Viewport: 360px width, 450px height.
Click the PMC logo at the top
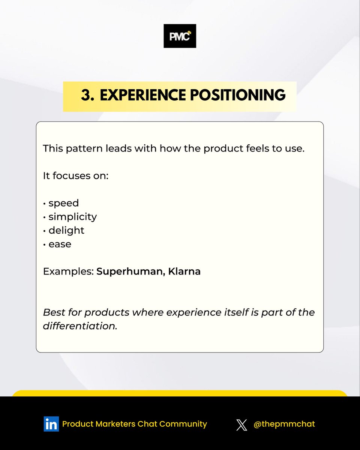(180, 36)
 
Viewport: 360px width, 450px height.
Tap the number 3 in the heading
(87, 96)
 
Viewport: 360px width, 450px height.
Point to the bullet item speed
(63, 203)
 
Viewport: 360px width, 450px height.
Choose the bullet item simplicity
(72, 217)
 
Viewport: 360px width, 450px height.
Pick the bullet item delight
(66, 230)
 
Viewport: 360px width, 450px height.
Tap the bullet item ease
(60, 244)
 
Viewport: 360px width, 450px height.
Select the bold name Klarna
(184, 271)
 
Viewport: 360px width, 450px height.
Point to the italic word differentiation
(80, 325)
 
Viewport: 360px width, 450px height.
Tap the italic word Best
(52, 312)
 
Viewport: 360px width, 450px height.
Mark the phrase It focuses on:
(75, 176)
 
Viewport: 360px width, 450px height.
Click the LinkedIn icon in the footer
(51, 424)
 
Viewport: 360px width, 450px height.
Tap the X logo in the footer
(242, 424)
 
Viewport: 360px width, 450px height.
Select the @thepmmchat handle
(284, 424)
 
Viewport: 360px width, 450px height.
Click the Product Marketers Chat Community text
(134, 424)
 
